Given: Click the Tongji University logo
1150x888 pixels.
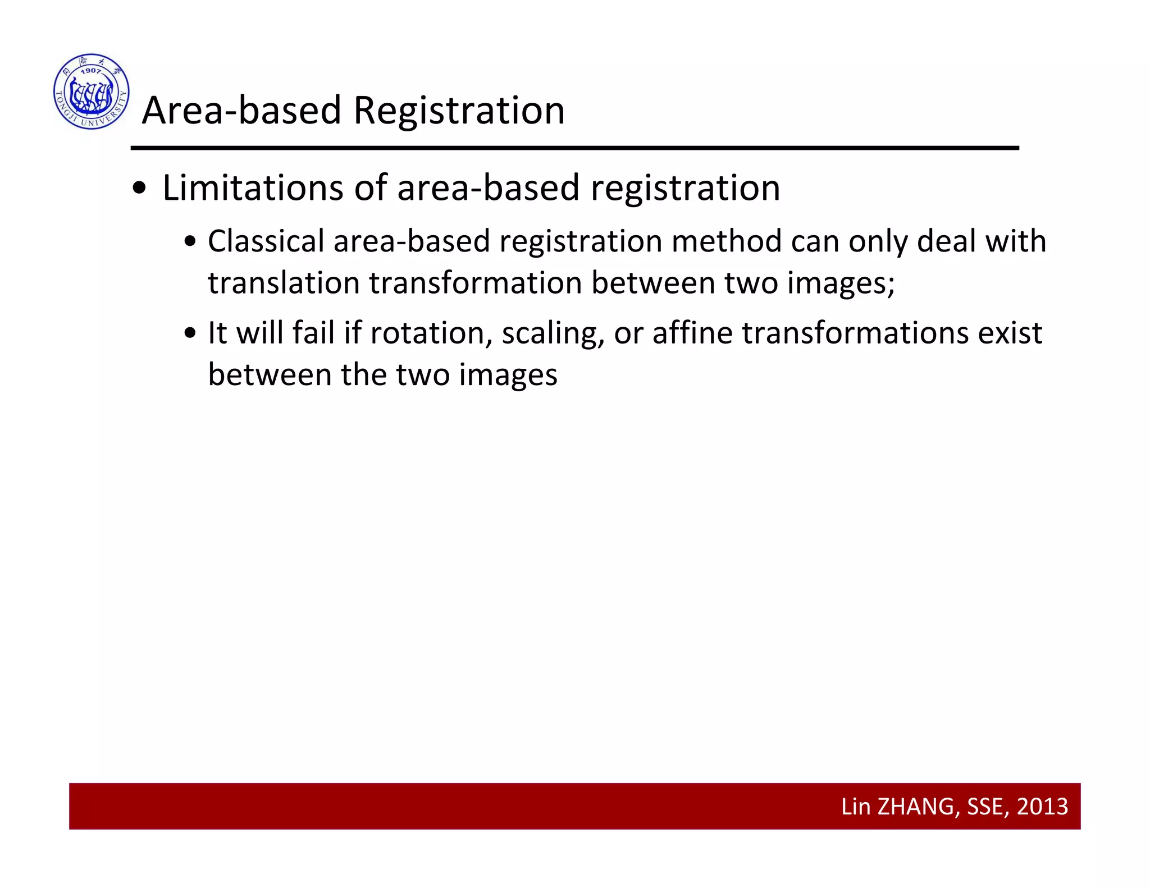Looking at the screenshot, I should (x=92, y=91).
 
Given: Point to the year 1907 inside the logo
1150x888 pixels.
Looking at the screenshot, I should (x=90, y=71).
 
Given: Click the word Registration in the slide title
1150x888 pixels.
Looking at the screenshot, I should (x=459, y=110).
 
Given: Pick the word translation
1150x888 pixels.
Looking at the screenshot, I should (x=284, y=282).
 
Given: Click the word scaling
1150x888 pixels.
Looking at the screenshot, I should (x=553, y=334).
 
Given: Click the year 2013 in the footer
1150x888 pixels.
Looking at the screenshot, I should (x=1042, y=807).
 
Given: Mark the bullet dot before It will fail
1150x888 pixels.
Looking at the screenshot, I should (x=190, y=333).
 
